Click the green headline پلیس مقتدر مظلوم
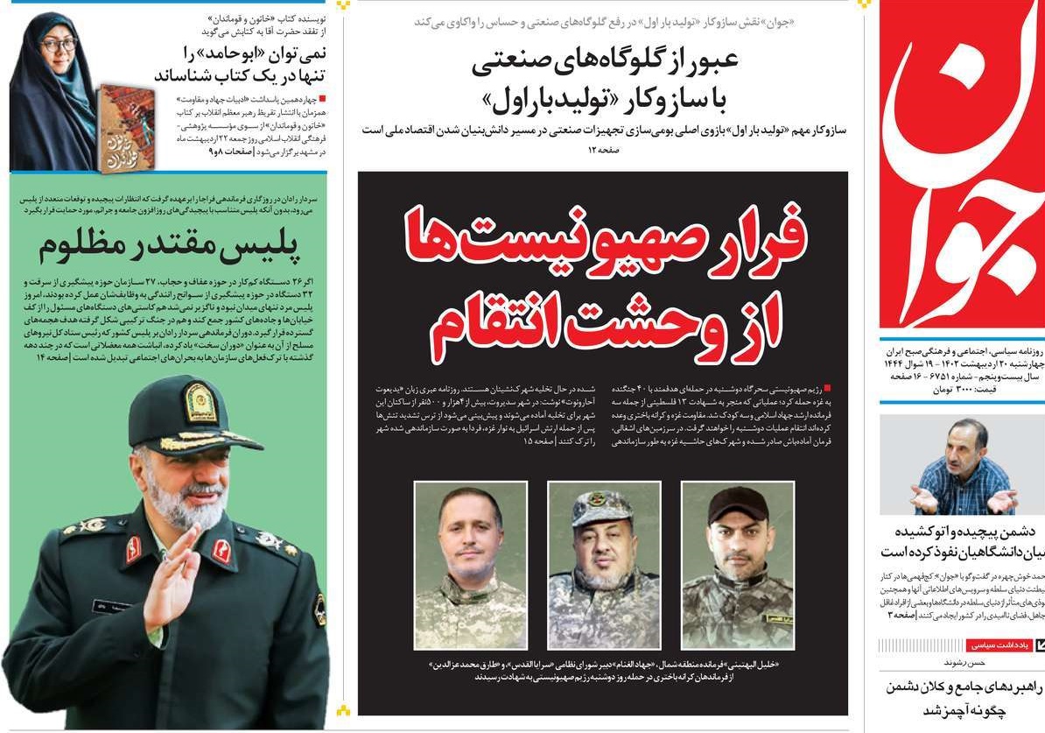pyautogui.click(x=169, y=248)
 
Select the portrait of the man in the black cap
pyautogui.click(x=737, y=565)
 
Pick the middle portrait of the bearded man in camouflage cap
pyautogui.click(x=603, y=565)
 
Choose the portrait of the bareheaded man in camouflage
pyautogui.click(x=470, y=565)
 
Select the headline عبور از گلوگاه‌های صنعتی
pyautogui.click(x=606, y=61)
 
